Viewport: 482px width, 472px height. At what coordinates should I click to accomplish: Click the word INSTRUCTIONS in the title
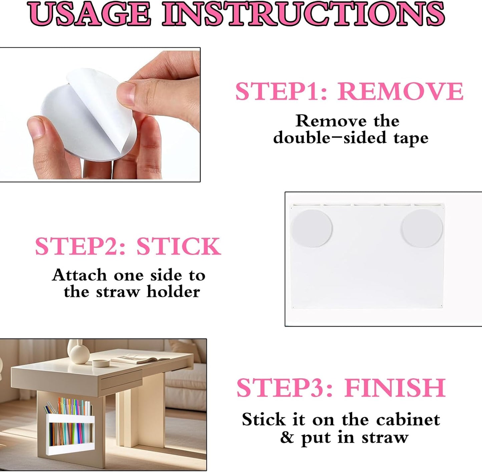pyautogui.click(x=304, y=14)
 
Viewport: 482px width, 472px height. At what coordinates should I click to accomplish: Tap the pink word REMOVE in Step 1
pyautogui.click(x=400, y=91)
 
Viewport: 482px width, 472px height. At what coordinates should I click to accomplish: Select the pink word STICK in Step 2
pyautogui.click(x=178, y=246)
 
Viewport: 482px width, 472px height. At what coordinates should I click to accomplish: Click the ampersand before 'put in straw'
pyautogui.click(x=287, y=437)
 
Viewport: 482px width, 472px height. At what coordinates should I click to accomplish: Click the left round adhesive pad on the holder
pyautogui.click(x=312, y=228)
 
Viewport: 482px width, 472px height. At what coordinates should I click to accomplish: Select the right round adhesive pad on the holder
pyautogui.click(x=422, y=228)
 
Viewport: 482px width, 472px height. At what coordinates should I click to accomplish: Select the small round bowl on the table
pyautogui.click(x=101, y=362)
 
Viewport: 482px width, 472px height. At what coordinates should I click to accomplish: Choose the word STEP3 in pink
pyautogui.click(x=281, y=388)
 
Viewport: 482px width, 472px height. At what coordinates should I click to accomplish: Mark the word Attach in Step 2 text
pyautogui.click(x=79, y=275)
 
